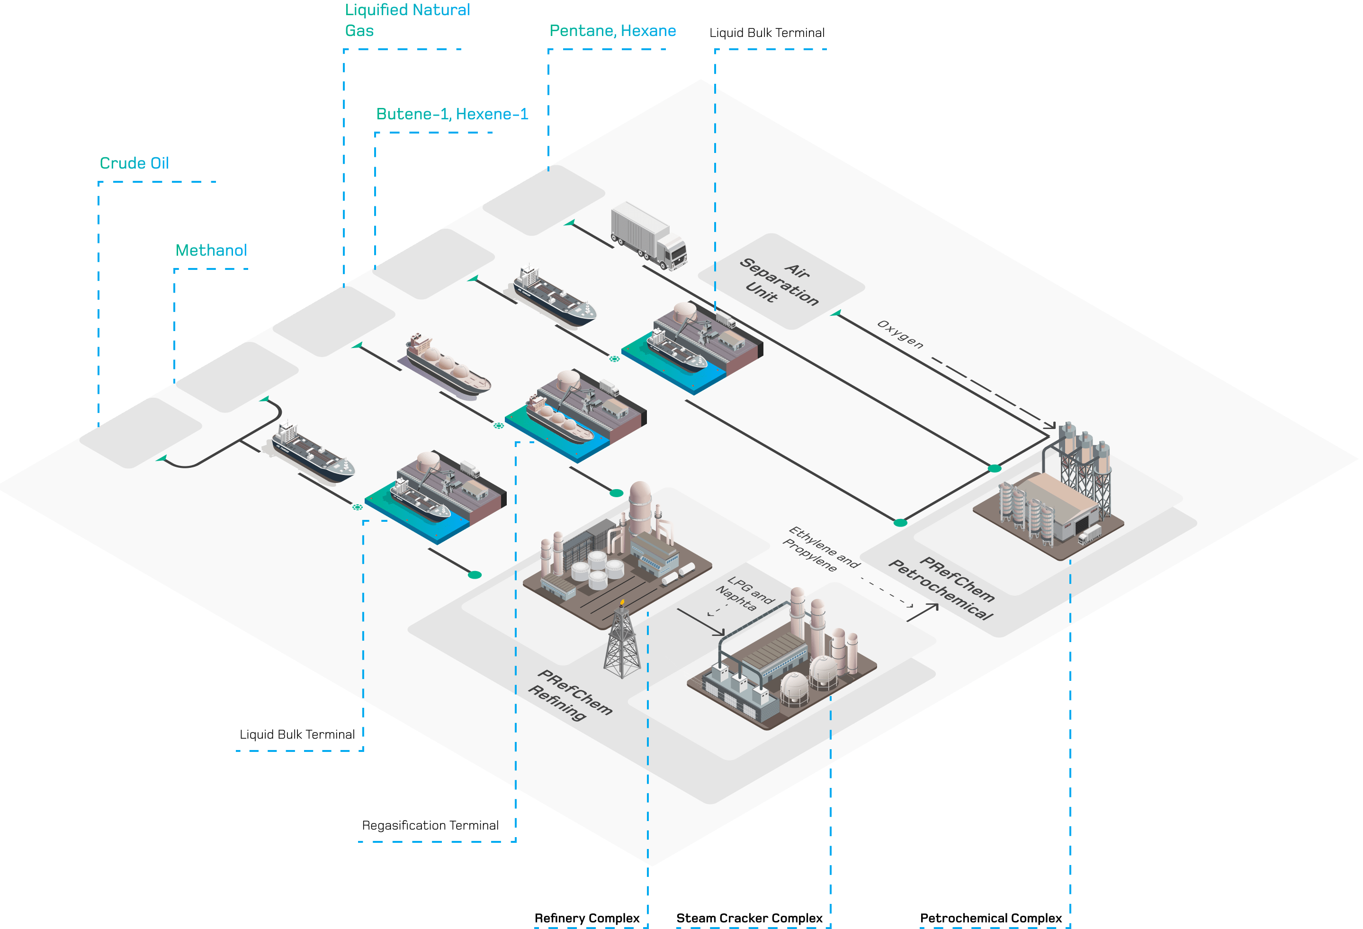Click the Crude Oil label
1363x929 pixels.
click(135, 163)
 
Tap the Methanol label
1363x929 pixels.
click(211, 250)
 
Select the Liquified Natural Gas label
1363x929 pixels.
click(406, 20)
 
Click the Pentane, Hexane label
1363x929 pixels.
click(612, 30)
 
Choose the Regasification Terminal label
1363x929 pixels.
click(430, 825)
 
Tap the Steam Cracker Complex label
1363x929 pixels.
click(749, 918)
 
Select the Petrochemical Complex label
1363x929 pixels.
click(991, 918)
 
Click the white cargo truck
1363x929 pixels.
click(648, 234)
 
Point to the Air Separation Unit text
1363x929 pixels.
click(780, 282)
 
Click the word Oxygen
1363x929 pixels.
click(900, 334)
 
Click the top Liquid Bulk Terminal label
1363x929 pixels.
click(767, 33)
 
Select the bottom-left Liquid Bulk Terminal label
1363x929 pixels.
click(297, 734)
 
